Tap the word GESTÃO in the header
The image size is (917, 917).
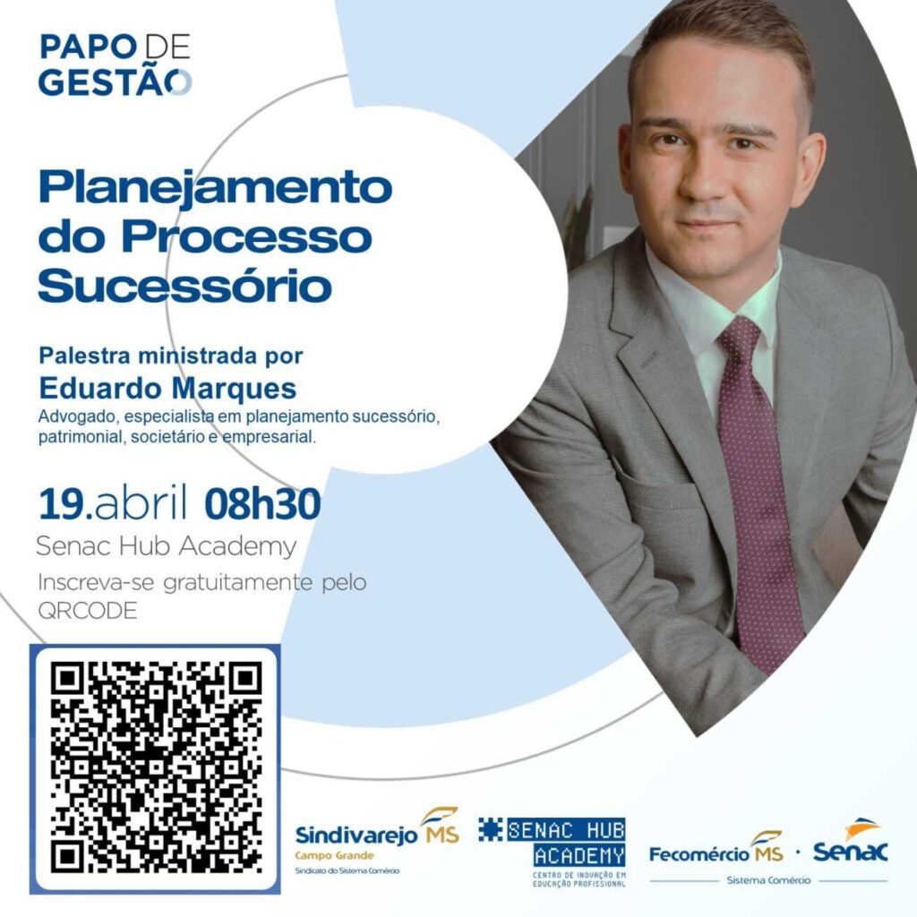(x=115, y=81)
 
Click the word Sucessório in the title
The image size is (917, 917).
(x=184, y=285)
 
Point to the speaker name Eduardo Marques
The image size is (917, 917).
(x=167, y=388)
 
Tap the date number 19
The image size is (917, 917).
(x=62, y=504)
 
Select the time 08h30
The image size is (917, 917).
(x=262, y=504)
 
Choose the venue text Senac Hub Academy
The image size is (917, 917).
(x=166, y=546)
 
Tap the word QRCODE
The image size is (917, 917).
(x=88, y=611)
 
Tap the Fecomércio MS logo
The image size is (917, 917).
(x=716, y=847)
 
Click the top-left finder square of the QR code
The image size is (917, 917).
(x=64, y=677)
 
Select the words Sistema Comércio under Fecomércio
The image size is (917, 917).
(x=768, y=879)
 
